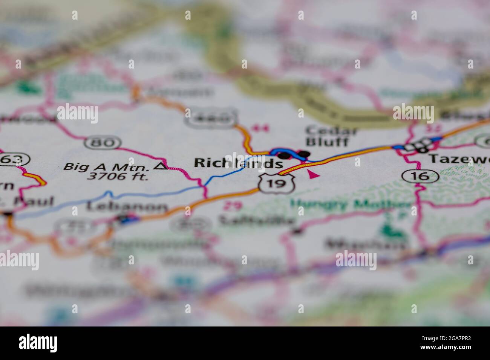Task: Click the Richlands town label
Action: (238, 163)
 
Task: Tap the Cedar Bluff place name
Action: (326, 136)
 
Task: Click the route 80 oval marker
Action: (103, 143)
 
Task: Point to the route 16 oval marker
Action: (420, 175)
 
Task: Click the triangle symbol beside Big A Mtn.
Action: (163, 166)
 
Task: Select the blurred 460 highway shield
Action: (211, 119)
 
